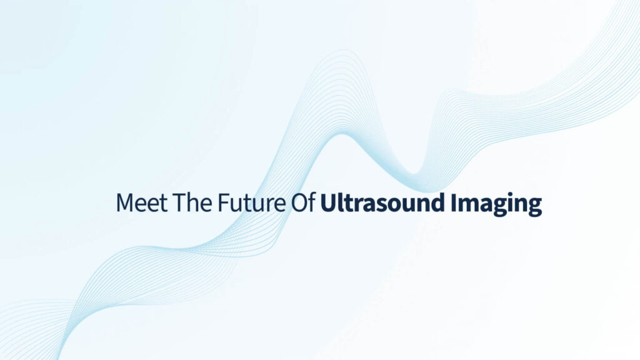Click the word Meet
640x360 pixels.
142,202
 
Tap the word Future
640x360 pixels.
251,202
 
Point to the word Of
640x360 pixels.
303,202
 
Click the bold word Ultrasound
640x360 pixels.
382,202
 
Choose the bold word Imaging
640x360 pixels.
496,204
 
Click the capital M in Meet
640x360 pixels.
124,202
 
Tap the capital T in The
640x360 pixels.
179,202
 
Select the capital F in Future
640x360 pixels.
223,202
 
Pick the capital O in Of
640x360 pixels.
299,202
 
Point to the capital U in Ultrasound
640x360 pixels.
328,202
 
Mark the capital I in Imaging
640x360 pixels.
454,202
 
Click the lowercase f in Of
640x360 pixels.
312,202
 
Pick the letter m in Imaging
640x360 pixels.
470,205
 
